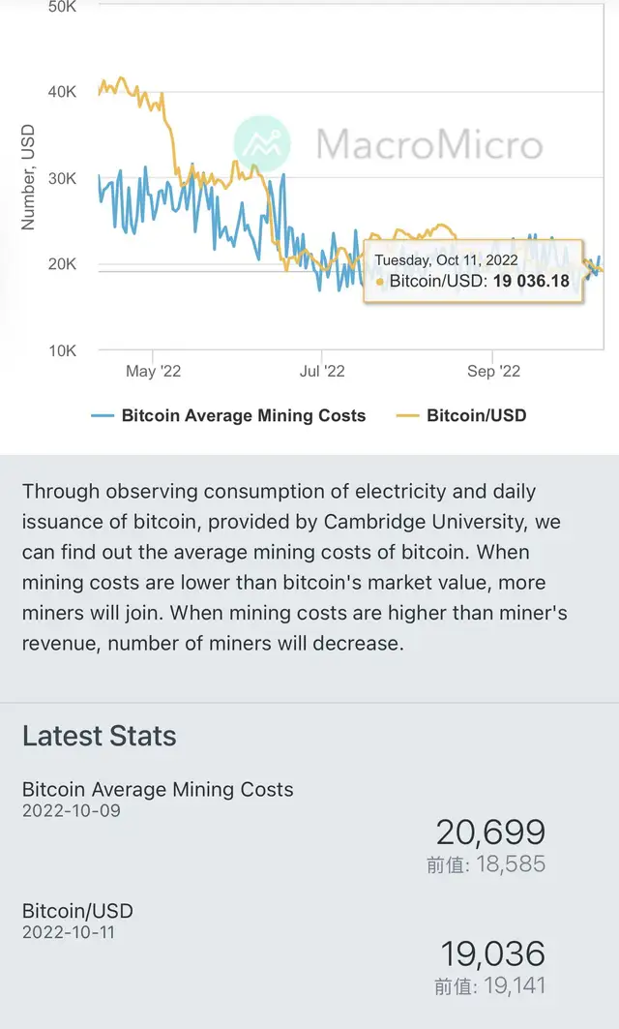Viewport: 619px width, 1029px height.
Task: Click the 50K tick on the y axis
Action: coord(62,7)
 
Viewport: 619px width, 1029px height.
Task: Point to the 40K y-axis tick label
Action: coord(62,92)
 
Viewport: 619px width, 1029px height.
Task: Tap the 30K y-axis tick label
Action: coord(62,178)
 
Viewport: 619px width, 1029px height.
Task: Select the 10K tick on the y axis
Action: coord(62,350)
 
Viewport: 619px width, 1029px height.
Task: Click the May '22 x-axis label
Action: coord(154,372)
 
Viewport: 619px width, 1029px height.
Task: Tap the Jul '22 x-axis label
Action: coord(322,372)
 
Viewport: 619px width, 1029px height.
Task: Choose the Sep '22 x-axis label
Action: coord(493,372)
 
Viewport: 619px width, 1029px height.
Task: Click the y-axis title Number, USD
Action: coord(28,177)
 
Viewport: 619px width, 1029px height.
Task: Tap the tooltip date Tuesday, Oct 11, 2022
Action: coord(446,260)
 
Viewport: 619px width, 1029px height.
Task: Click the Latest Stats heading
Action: coord(100,736)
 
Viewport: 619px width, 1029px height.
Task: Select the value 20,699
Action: coord(490,832)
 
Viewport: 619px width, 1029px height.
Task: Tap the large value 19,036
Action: coord(493,953)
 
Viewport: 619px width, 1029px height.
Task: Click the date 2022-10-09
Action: coord(72,810)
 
